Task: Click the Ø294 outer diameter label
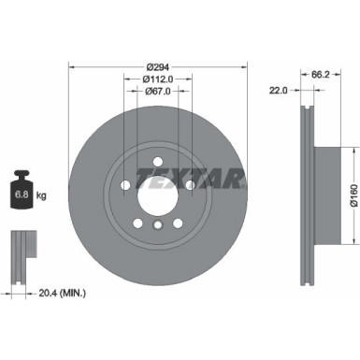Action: point(157,67)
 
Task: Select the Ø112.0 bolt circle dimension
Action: point(157,79)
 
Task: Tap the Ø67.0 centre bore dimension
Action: point(157,92)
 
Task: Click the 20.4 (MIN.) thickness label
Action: point(61,294)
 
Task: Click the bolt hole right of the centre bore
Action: point(191,184)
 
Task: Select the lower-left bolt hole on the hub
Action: point(137,222)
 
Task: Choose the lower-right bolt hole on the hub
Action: point(178,222)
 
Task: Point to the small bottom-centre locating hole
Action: point(157,224)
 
